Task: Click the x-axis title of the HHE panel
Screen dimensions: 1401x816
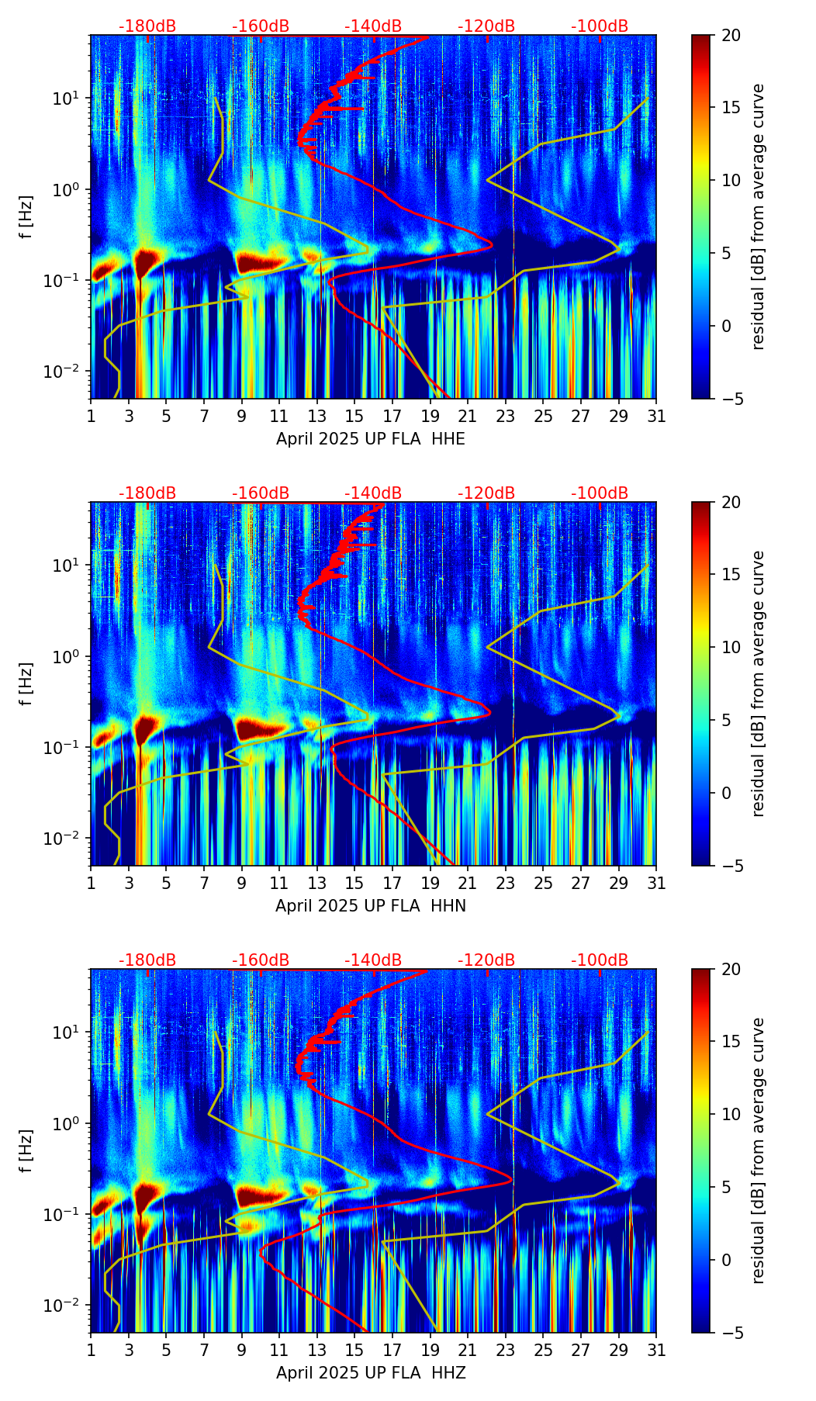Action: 371,439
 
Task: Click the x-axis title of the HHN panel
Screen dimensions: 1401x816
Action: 371,906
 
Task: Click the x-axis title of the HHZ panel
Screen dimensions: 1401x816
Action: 371,1373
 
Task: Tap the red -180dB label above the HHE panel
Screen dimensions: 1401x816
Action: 147,26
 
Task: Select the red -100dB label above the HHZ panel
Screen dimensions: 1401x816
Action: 600,960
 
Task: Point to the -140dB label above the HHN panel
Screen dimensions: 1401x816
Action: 373,493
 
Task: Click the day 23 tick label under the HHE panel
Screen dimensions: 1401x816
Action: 506,416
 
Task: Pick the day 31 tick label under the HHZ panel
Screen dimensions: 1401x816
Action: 656,1350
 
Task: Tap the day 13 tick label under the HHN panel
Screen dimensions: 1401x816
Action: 316,883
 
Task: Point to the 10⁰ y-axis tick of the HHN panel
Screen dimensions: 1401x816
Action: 64,657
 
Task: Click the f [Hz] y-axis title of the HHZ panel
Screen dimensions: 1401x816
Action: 26,1150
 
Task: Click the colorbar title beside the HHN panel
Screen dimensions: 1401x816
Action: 758,683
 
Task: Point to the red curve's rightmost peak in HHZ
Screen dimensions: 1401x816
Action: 513,1179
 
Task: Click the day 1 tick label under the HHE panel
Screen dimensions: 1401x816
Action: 91,416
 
